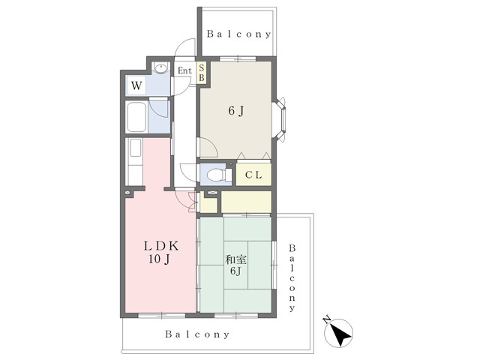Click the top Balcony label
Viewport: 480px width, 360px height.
(239, 34)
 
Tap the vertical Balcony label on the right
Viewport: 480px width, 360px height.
(292, 278)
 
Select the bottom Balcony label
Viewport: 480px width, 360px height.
(197, 334)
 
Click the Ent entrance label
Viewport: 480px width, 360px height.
(185, 70)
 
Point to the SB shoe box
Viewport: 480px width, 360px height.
(202, 73)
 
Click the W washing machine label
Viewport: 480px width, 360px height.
(136, 85)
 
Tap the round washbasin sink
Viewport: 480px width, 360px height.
(160, 67)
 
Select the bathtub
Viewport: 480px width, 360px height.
(136, 117)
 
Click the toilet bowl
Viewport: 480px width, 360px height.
(215, 175)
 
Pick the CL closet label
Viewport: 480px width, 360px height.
(253, 175)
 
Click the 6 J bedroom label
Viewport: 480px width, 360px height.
(237, 111)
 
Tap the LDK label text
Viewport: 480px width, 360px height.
(161, 246)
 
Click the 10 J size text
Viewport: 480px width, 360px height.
(159, 259)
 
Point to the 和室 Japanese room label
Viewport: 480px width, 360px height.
(235, 260)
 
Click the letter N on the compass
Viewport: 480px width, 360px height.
(327, 320)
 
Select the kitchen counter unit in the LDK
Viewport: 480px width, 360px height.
(134, 162)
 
